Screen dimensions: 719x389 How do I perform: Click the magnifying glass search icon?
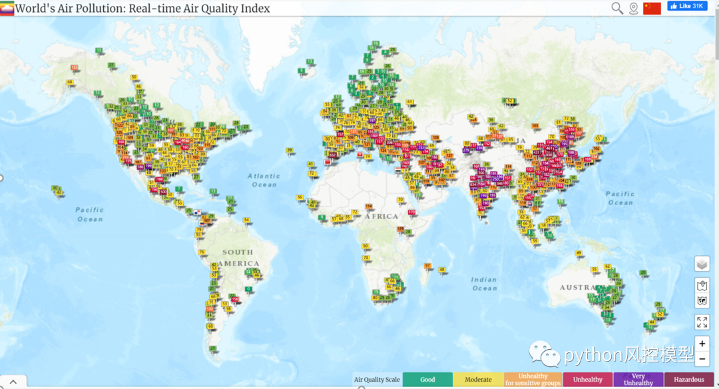(617, 8)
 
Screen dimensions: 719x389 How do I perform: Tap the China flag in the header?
(652, 8)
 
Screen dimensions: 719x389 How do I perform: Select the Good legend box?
(427, 380)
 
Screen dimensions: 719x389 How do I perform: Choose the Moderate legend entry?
(478, 380)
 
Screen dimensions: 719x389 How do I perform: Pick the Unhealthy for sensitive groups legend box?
(533, 380)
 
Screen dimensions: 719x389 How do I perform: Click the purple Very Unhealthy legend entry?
(638, 380)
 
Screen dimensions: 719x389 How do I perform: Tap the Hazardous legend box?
(688, 380)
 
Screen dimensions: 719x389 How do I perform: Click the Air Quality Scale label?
(377, 380)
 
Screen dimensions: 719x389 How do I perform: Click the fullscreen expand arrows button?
(702, 322)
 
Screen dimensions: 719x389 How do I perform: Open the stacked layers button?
(702, 264)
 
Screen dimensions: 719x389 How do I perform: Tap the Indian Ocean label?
(484, 284)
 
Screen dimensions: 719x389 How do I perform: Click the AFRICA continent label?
(381, 216)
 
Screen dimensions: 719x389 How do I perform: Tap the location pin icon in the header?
(633, 9)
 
